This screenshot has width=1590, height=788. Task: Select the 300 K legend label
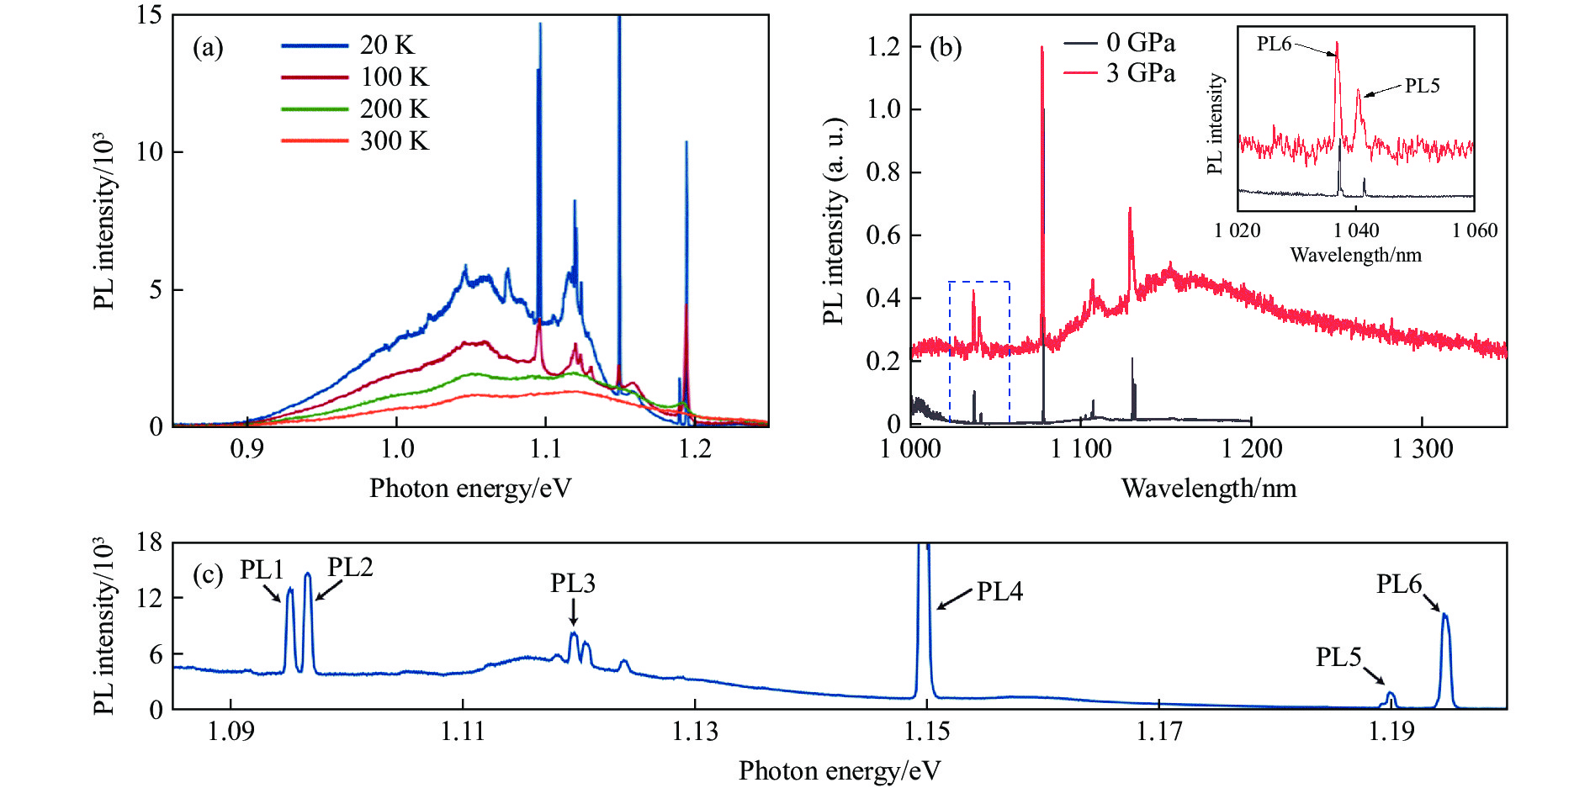394,140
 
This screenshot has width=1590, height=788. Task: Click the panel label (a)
208,47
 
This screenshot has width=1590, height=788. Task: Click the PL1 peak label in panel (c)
262,570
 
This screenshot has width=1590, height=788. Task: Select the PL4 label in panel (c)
999,592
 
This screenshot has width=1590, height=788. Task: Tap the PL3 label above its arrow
573,583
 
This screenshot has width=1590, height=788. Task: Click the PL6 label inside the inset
1274,44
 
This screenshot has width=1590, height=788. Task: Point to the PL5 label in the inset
1422,86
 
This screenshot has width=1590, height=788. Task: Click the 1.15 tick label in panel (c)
927,732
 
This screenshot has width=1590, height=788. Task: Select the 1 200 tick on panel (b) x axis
1251,449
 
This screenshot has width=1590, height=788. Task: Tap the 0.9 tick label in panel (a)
246,449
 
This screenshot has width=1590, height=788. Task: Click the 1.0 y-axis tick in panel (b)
882,109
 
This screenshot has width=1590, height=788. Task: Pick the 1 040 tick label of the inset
1356,230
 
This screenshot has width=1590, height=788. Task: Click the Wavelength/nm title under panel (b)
1208,488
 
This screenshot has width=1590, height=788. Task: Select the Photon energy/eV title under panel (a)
470,488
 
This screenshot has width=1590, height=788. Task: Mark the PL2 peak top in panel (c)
308,574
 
